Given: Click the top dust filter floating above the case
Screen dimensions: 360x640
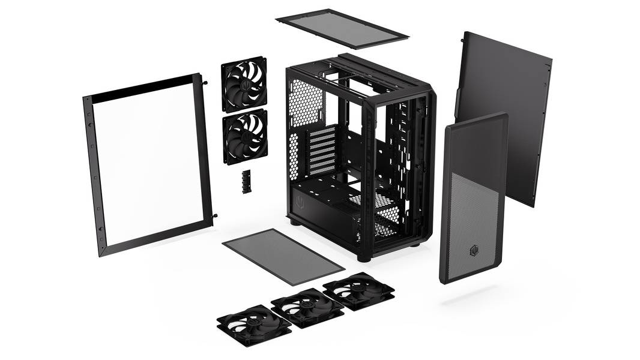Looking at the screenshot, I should pos(342,28).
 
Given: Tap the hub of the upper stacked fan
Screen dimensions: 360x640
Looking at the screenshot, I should pos(244,84).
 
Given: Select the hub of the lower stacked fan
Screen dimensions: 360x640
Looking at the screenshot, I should pos(245,136).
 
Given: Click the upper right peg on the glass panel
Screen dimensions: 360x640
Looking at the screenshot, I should pos(205,82).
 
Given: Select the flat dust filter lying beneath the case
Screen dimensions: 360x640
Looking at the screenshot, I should pos(283,256).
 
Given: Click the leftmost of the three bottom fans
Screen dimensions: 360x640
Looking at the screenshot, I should pos(254,325).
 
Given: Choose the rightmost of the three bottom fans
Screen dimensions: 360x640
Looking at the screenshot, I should pos(358,291).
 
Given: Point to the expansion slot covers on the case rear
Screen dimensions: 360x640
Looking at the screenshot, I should pos(322,150).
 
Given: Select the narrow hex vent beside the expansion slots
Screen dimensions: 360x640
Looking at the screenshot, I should pos(294,156).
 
